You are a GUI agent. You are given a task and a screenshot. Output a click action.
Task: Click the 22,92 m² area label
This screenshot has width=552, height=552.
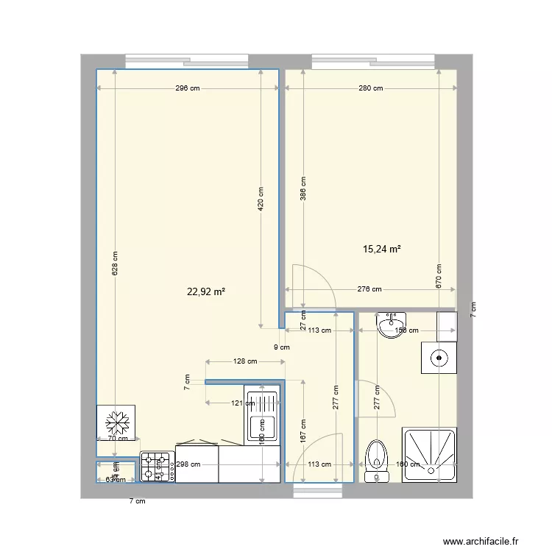(206, 291)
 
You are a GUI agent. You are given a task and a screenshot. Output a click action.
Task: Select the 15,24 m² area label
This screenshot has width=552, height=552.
(382, 250)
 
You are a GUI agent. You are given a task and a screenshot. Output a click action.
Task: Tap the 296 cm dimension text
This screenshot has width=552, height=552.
(188, 89)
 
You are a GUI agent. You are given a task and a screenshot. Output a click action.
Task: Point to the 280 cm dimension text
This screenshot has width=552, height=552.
(370, 89)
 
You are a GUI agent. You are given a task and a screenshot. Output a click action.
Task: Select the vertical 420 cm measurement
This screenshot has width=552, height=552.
(261, 199)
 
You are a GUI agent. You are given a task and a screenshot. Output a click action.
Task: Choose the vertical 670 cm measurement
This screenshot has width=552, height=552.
(439, 276)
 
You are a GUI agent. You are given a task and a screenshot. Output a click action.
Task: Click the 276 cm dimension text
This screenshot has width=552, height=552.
(369, 289)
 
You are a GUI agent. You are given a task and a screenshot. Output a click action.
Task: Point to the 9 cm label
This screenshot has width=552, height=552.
(281, 347)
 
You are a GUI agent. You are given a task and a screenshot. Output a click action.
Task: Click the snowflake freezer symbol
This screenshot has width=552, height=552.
(116, 423)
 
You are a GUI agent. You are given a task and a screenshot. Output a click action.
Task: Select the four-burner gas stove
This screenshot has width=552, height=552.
(156, 467)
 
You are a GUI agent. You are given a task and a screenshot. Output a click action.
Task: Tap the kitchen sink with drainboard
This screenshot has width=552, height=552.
(263, 416)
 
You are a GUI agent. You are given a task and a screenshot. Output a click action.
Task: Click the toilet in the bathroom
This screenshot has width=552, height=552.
(377, 461)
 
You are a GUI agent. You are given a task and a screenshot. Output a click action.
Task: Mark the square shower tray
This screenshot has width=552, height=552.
(430, 455)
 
